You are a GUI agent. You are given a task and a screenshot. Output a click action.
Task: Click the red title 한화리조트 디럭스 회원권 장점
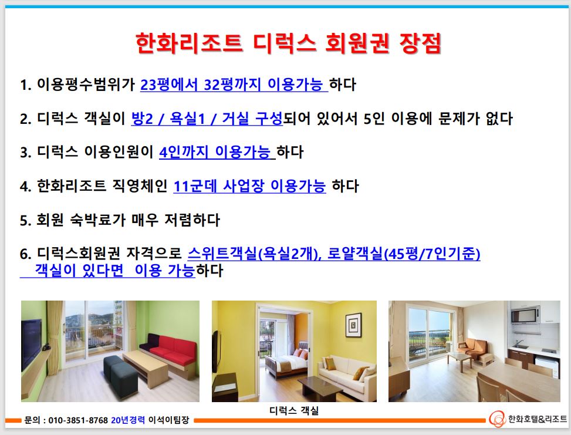(288, 43)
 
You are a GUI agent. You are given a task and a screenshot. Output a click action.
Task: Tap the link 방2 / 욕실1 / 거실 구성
(207, 119)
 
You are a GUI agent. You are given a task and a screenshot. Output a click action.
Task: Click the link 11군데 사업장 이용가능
(249, 186)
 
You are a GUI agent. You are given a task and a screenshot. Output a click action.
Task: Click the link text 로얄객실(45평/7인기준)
(404, 254)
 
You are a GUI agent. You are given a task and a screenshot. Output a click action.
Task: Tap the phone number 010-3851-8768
(78, 420)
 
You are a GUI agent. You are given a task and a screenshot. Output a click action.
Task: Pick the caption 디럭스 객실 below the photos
(294, 410)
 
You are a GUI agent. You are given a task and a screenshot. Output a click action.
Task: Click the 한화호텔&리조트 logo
(528, 419)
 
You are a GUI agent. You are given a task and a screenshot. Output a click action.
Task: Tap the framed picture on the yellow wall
(353, 325)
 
